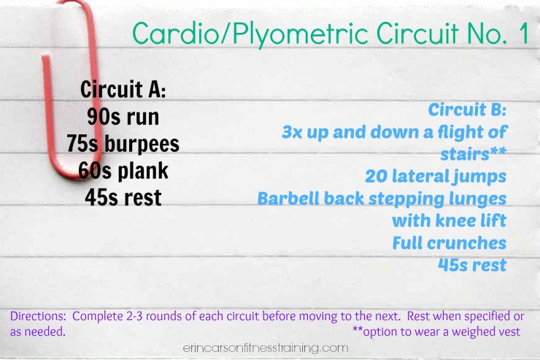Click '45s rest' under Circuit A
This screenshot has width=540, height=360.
122,196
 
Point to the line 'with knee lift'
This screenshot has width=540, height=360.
449,220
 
